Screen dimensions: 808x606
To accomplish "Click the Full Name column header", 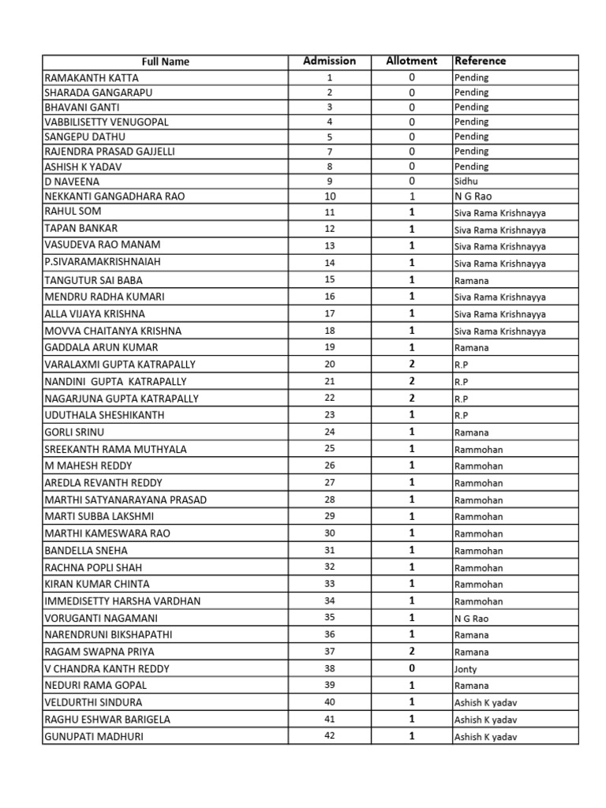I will (x=165, y=62).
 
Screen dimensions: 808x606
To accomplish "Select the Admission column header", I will (x=329, y=61).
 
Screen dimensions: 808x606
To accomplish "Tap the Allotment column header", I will (x=411, y=61).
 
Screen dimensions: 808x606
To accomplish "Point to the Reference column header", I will (x=480, y=61).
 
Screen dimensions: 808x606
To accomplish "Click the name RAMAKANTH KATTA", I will (x=92, y=77).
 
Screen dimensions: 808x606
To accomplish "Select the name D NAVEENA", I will (x=71, y=181).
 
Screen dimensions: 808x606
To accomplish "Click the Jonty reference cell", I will (x=466, y=669).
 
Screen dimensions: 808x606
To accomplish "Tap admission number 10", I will (x=330, y=196).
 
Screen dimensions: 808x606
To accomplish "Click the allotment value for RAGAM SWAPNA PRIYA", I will (x=411, y=652).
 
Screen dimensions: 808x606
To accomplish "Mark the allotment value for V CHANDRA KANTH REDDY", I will (x=411, y=668).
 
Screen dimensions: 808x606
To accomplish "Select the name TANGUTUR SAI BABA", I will (x=94, y=279).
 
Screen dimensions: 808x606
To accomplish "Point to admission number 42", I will (x=330, y=736).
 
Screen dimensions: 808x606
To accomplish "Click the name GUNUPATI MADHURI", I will (x=94, y=736).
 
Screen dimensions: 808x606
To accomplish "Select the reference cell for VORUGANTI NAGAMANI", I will (x=472, y=619).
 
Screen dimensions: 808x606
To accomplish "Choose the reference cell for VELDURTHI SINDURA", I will (x=484, y=702).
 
